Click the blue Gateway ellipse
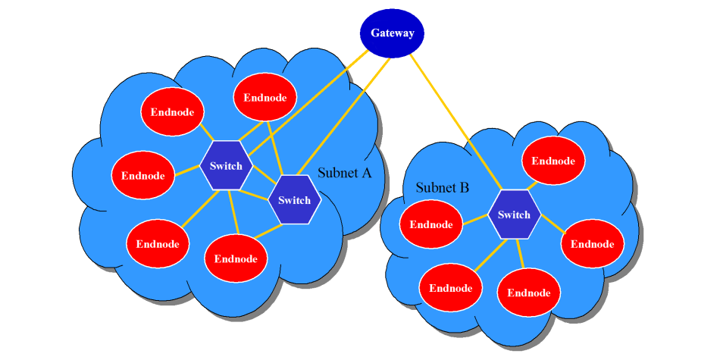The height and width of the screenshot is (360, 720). [391, 33]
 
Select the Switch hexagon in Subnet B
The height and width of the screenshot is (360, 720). [514, 214]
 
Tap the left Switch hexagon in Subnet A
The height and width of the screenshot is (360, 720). [226, 166]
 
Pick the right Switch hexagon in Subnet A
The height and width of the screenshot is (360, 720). [294, 200]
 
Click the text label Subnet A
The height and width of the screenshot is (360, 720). [345, 173]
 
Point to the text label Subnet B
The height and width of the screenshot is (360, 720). [443, 187]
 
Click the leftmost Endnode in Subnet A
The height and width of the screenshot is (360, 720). [143, 176]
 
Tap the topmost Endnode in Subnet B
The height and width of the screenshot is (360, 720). [553, 161]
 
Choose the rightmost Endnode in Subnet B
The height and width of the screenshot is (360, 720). [592, 244]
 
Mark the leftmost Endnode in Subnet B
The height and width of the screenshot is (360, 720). [431, 224]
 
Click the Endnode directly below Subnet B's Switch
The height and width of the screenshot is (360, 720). [528, 293]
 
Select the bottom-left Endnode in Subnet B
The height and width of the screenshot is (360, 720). [451, 288]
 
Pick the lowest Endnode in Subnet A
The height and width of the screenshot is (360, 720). [236, 258]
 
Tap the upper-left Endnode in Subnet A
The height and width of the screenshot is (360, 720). [173, 112]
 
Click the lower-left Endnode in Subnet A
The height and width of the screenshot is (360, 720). [158, 244]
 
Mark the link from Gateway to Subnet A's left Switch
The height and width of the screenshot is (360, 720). [303, 102]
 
